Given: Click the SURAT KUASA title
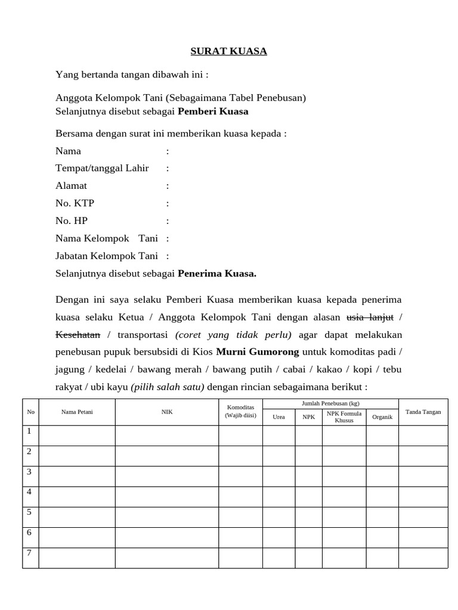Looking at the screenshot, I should click(228, 51).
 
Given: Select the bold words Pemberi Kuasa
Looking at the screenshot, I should click(213, 111).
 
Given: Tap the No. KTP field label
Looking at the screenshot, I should click(75, 203).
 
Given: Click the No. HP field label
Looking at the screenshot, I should click(72, 220).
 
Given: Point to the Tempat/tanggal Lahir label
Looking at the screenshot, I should click(102, 168).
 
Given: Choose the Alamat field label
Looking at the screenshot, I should click(71, 186).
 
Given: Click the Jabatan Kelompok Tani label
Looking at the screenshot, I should click(107, 256).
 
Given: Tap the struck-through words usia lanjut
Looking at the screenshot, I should click(370, 316).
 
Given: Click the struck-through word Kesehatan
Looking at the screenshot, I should click(78, 334).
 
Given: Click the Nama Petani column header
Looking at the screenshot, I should click(77, 412).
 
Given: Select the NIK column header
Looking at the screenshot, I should click(167, 412).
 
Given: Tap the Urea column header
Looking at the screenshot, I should click(278, 417).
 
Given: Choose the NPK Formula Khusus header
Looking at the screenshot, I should click(344, 416).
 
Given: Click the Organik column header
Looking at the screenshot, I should click(382, 417).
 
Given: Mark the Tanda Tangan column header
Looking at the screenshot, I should click(423, 412).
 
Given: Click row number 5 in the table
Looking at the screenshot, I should click(29, 512).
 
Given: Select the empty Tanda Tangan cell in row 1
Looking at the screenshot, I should click(423, 435).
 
